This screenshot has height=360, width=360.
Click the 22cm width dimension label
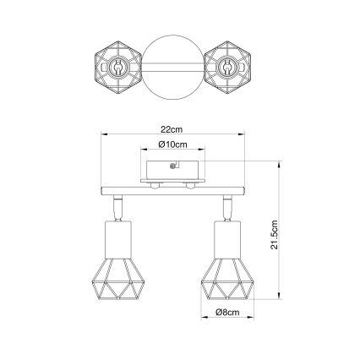172,130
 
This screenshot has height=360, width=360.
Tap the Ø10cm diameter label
172,145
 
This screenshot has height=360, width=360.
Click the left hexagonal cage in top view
117,64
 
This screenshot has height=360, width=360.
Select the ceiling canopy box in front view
172,169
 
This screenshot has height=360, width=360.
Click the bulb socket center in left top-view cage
117,64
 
